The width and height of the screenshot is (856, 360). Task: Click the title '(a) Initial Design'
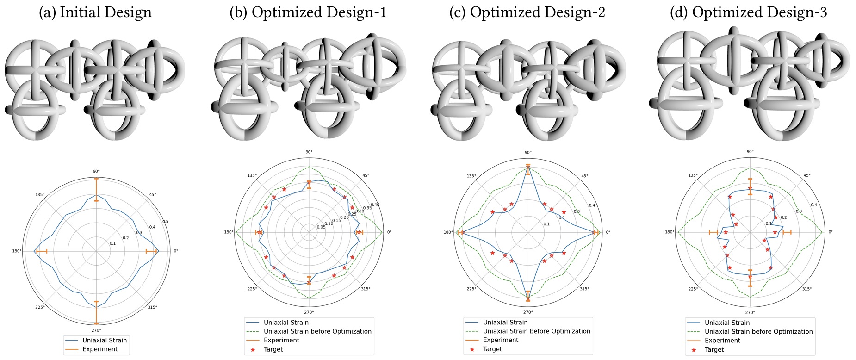[95, 12]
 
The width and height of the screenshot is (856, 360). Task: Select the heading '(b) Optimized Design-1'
[308, 12]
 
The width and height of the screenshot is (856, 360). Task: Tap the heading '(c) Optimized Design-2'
[527, 12]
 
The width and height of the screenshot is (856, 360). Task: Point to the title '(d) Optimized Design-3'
[748, 12]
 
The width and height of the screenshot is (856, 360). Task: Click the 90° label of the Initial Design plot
[96, 171]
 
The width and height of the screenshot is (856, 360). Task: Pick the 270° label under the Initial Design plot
[96, 330]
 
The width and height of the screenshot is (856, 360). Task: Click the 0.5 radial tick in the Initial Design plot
[165, 222]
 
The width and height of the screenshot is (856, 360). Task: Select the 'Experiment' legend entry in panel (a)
[100, 349]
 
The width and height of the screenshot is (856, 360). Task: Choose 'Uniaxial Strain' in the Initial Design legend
[105, 340]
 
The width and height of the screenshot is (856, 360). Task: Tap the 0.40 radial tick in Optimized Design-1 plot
[375, 205]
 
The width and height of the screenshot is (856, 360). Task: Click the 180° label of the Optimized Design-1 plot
[229, 232]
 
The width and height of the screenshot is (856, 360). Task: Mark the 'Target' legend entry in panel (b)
[273, 349]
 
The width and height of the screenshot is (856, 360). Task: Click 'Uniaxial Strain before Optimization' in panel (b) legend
[317, 331]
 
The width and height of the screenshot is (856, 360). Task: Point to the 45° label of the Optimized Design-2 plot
[584, 176]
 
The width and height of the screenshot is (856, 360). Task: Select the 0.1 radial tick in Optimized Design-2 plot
[546, 224]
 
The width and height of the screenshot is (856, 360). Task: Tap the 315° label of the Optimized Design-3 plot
[806, 289]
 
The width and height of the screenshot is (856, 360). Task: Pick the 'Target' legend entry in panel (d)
[714, 350]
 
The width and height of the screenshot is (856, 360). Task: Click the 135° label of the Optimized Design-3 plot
[693, 175]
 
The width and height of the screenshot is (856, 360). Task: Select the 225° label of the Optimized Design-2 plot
[471, 289]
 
